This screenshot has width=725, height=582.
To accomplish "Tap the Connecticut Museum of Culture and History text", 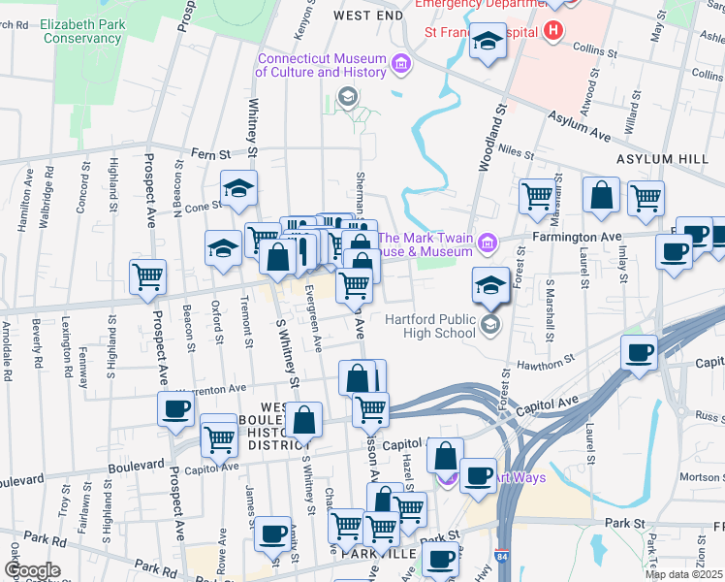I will click(323, 65).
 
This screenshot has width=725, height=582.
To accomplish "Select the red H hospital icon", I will click(552, 31).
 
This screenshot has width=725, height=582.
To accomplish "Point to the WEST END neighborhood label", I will click(367, 16).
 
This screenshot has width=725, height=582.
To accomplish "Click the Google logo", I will click(32, 570).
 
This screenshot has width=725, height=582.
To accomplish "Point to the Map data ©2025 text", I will click(683, 574).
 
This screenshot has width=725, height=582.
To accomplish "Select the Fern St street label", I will click(209, 153).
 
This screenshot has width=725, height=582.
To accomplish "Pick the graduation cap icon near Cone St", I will click(237, 189).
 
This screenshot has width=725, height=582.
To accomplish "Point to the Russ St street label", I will click(709, 417).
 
